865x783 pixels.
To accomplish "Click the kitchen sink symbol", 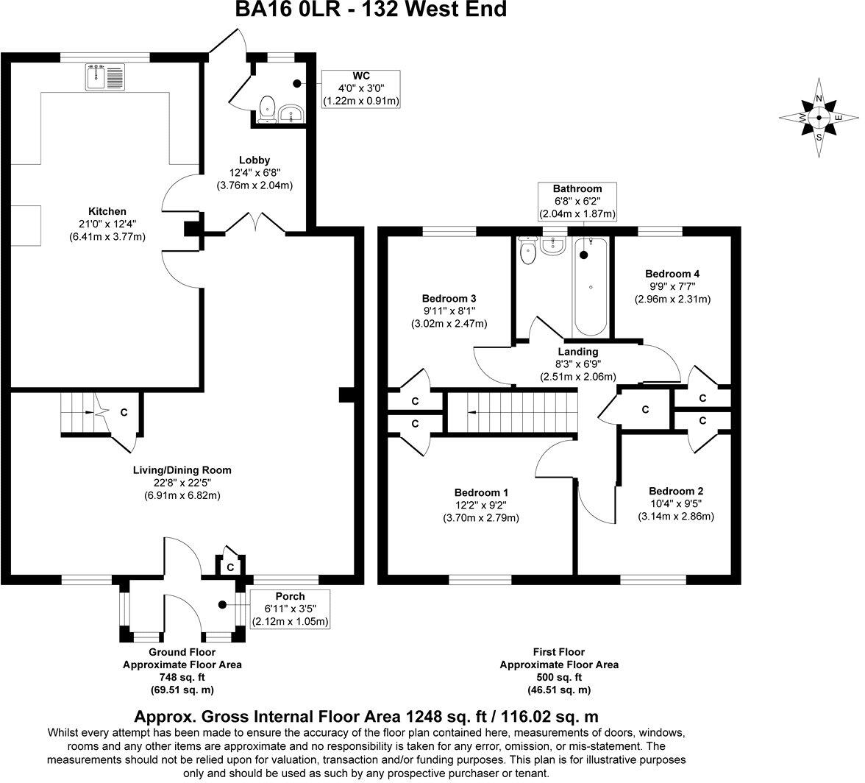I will coord(106,77).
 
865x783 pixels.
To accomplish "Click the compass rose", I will coord(819,118).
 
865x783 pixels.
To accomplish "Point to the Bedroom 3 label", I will coord(449,299).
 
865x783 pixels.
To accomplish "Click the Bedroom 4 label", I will coord(672,273).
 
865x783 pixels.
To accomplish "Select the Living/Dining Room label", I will coord(182,470).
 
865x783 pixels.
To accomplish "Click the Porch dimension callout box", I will coord(290,609).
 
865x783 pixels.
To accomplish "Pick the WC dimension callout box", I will coord(360,89).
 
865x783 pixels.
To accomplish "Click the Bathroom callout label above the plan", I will coord(577,189).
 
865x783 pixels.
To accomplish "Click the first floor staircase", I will coord(513,412).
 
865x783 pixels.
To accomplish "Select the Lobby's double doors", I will coord(254,222).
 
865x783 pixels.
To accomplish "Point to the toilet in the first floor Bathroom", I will coord(527,252).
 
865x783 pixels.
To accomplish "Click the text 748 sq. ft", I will coord(181,677).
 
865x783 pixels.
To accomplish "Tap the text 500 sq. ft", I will coord(559,677).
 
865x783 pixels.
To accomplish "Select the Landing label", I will coord(577,352).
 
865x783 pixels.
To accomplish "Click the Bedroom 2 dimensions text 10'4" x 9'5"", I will coord(675,504).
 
